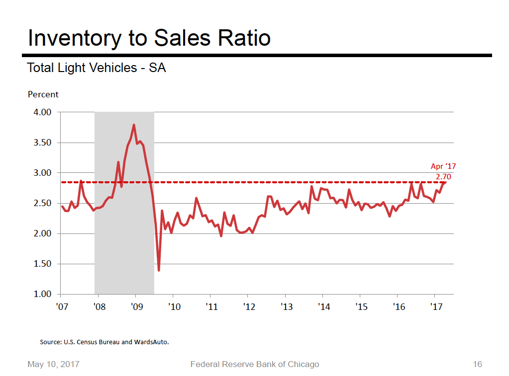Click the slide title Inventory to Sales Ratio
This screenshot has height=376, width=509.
coord(149,38)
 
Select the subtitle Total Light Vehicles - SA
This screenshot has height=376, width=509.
coord(96,68)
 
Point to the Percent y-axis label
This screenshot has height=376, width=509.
coord(43,94)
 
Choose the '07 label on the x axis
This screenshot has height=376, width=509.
coord(62,307)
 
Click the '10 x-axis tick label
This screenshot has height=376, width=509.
coord(174,307)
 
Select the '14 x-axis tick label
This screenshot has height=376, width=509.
coord(323,307)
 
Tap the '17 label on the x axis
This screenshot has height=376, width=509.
coord(436,307)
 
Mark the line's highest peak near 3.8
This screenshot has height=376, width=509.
coord(134,125)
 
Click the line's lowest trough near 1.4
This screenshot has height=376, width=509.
coord(159,270)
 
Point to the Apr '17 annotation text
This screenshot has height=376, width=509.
coord(443,167)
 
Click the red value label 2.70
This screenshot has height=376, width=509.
coord(443,176)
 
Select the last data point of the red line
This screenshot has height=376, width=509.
coord(445,182)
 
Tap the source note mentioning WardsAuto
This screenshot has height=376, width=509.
coord(108,342)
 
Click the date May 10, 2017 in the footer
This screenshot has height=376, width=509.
coord(53,365)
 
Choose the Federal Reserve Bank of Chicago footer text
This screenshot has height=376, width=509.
coord(255,365)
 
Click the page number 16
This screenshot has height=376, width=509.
coord(477,365)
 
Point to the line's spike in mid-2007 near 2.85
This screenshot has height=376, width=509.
coord(81,182)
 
